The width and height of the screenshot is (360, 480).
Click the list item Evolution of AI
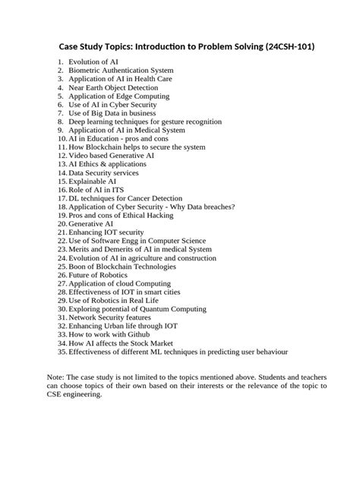point(93,61)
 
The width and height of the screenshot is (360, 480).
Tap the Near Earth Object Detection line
point(115,87)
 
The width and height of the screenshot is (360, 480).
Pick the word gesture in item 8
point(167,121)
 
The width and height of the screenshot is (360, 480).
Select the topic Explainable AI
point(92,182)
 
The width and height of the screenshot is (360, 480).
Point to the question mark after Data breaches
point(234,207)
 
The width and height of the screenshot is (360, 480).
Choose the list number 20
point(62,225)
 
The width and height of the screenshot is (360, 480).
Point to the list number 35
point(62,352)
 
